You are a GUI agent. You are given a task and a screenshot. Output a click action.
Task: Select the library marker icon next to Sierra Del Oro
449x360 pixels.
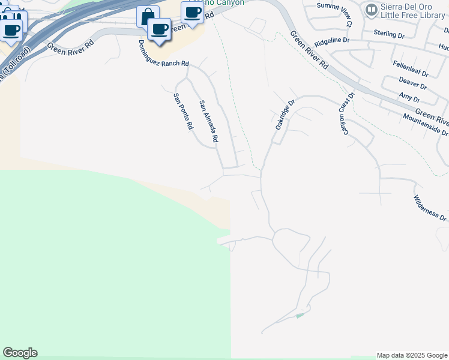tap(371, 10)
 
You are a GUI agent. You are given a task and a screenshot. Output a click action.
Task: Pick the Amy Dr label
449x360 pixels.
tap(409, 97)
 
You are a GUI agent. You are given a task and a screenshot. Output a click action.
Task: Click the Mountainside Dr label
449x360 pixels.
tap(426, 124)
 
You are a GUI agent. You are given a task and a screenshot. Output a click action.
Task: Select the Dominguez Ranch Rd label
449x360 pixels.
tap(163, 54)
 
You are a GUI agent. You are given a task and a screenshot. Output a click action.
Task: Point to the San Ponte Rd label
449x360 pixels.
tap(183, 112)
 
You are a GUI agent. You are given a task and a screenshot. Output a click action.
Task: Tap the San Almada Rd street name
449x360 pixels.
tap(208, 121)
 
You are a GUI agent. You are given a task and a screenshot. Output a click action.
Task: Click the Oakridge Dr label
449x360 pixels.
tap(286, 115)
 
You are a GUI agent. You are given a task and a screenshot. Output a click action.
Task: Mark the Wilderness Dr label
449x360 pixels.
tap(430, 208)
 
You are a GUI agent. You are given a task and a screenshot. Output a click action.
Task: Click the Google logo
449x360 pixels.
tap(20, 353)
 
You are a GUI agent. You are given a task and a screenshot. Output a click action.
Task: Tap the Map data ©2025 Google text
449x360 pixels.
tap(412, 355)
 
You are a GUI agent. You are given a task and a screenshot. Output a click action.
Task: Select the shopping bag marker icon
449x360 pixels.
tap(146, 16)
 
